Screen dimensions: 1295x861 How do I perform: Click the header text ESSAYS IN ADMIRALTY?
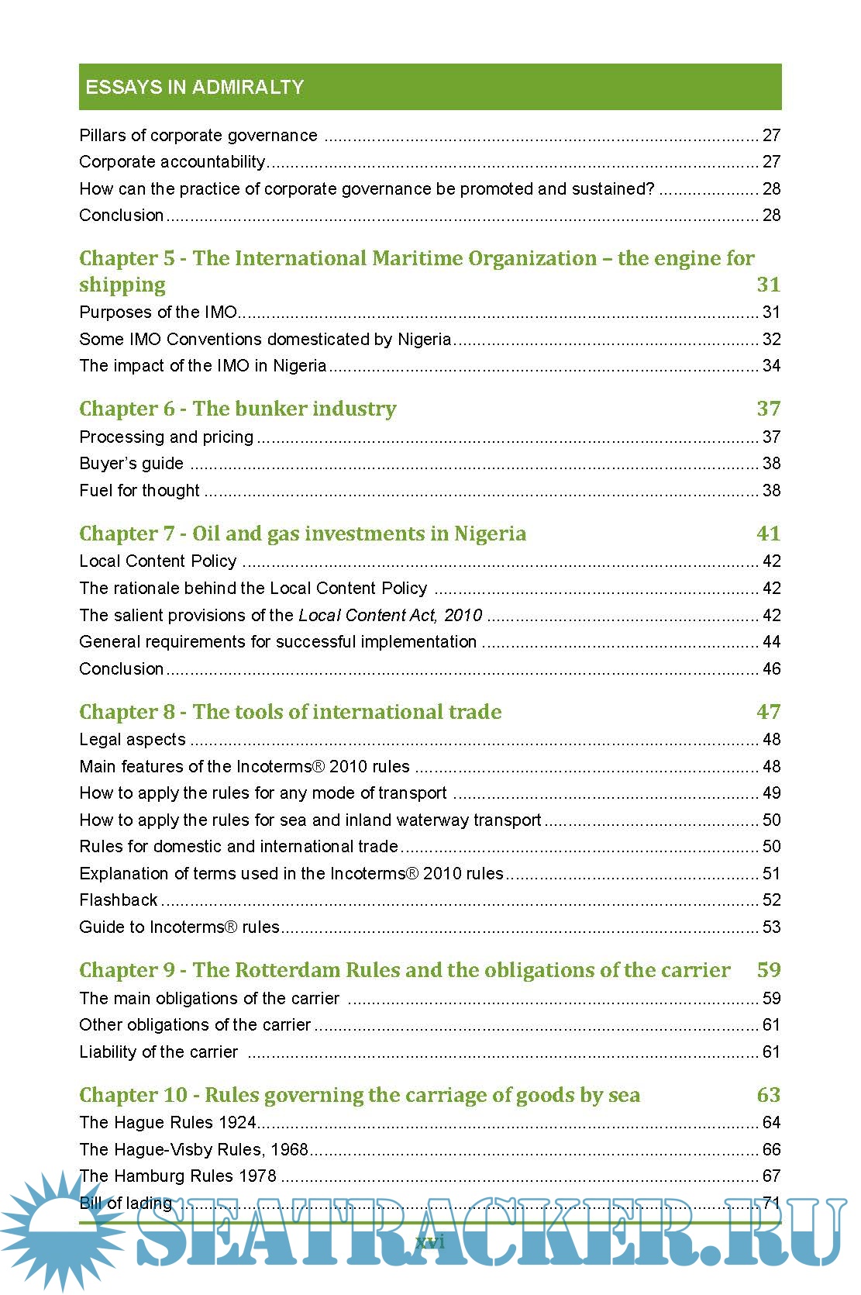[195, 87]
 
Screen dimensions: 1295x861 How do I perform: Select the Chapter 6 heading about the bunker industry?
[238, 409]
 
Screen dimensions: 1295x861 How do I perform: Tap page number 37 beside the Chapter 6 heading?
[768, 409]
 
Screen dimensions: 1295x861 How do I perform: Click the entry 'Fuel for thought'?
[139, 491]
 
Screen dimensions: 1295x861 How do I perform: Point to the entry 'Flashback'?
[119, 900]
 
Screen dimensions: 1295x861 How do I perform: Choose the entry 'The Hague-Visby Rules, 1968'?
[194, 1149]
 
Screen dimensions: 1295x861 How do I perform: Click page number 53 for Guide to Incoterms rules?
[771, 927]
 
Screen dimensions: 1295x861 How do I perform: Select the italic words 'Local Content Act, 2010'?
[391, 616]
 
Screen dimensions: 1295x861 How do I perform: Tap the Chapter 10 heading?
[360, 1095]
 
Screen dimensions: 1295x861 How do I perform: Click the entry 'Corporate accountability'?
[172, 162]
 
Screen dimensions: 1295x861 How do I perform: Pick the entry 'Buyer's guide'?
[132, 464]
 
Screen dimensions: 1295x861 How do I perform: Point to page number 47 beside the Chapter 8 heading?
[768, 712]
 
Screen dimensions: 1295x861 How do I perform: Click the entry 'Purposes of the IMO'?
[158, 313]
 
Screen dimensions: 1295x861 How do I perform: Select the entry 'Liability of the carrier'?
[159, 1052]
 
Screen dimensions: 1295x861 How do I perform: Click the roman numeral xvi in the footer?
[430, 1242]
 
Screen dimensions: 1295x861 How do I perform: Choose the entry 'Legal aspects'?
[133, 740]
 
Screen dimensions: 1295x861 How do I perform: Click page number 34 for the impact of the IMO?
[771, 366]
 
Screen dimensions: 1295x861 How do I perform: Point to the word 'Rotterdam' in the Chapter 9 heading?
[287, 970]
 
